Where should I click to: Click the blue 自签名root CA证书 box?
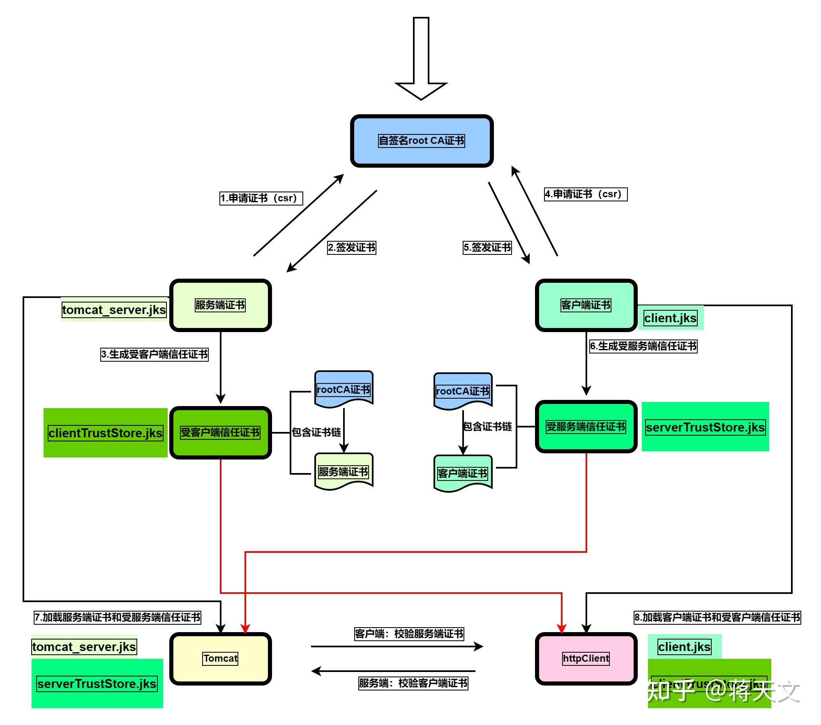pyautogui.click(x=422, y=141)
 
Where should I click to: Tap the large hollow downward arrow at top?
pyautogui.click(x=421, y=62)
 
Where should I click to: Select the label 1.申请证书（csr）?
pyautogui.click(x=261, y=198)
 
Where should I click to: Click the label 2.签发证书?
pyautogui.click(x=352, y=247)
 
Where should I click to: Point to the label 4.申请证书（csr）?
pyautogui.click(x=586, y=194)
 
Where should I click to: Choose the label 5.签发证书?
pyautogui.click(x=487, y=247)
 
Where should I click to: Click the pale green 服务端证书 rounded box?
pyautogui.click(x=221, y=305)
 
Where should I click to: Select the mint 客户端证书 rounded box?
pyautogui.click(x=586, y=305)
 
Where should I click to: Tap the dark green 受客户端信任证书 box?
pyautogui.click(x=221, y=432)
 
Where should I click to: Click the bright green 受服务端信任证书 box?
pyautogui.click(x=586, y=427)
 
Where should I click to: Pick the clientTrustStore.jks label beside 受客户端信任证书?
pyautogui.click(x=106, y=433)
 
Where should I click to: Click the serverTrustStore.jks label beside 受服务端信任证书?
pyautogui.click(x=705, y=427)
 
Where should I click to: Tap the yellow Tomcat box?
pyautogui.click(x=221, y=658)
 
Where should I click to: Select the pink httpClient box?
pyautogui.click(x=586, y=658)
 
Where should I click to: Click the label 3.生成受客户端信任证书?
pyautogui.click(x=155, y=354)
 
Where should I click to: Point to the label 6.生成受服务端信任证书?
pyautogui.click(x=643, y=346)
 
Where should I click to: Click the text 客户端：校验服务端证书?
pyautogui.click(x=409, y=634)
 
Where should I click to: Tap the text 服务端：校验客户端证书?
pyautogui.click(x=413, y=683)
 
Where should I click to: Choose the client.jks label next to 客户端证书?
pyautogui.click(x=671, y=318)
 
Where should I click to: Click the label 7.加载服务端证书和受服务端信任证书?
pyautogui.click(x=118, y=617)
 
